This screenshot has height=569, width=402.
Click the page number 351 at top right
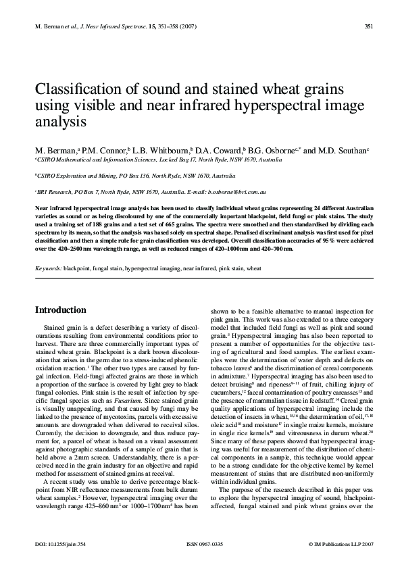(x=369, y=27)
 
